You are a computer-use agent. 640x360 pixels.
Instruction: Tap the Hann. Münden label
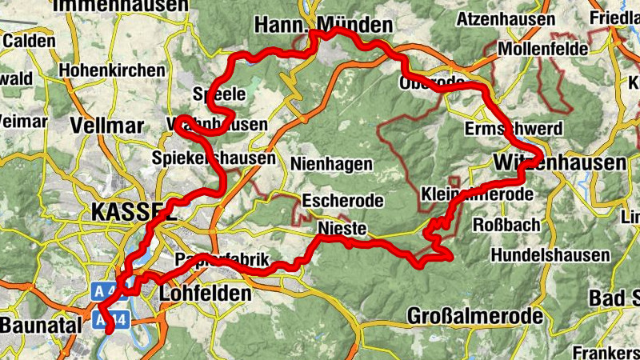[324, 25]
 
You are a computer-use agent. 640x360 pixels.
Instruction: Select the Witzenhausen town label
[559, 163]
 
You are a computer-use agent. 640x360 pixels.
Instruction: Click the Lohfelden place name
[206, 294]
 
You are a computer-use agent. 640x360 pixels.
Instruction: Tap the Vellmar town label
[106, 126]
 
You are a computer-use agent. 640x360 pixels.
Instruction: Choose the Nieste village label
[342, 230]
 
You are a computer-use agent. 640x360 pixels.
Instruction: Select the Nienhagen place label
[332, 164]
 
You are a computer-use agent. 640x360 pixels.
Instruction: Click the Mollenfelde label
[543, 49]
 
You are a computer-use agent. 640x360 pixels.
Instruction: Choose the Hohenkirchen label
[112, 70]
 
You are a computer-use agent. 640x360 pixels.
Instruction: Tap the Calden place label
[28, 40]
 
